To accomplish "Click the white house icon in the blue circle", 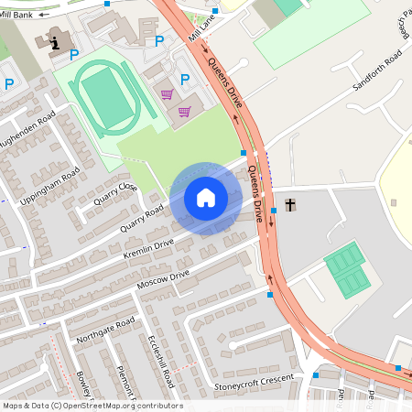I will tap(206, 198).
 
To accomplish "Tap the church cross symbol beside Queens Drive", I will tap(291, 205).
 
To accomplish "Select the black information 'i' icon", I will tap(56, 42).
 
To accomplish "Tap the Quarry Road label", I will tap(143, 218).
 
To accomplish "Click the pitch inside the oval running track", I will tap(105, 97).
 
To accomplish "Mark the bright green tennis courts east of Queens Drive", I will tap(346, 270).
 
